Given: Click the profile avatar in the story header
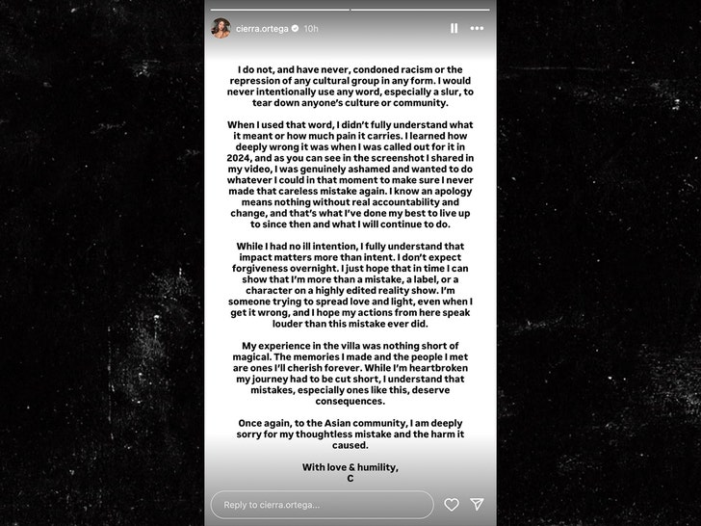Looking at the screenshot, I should click(221, 28).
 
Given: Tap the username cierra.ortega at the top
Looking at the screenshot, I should click(263, 29).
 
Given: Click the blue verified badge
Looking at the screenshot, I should click(296, 29).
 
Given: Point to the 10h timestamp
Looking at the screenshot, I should click(311, 29).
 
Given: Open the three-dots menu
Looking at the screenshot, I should click(477, 29).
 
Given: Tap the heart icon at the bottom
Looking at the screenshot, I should click(451, 505).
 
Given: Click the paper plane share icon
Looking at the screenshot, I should click(477, 505).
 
